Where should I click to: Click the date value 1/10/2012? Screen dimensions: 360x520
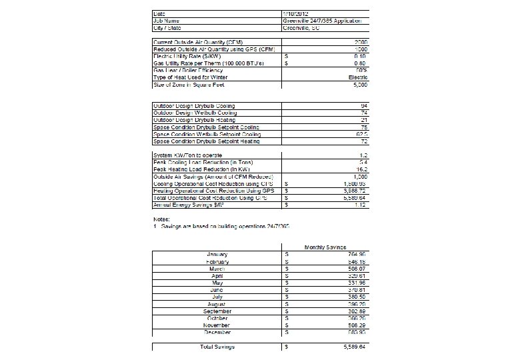pyautogui.click(x=296, y=13)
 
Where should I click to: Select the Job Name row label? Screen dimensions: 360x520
pyautogui.click(x=167, y=21)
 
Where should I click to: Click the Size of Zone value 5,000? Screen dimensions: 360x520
pyautogui.click(x=357, y=84)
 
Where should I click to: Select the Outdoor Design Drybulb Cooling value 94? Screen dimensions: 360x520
pyautogui.click(x=363, y=106)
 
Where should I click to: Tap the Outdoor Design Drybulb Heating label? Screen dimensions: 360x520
pyautogui.click(x=194, y=120)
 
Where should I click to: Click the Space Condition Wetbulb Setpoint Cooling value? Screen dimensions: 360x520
pyautogui.click(x=359, y=134)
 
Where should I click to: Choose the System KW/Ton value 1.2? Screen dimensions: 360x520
pyautogui.click(x=362, y=155)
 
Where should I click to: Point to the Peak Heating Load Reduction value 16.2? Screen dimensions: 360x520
pyautogui.click(x=361, y=169)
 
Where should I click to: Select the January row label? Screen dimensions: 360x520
pyautogui.click(x=218, y=254)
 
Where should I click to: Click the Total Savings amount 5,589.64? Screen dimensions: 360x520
pyautogui.click(x=353, y=347)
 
